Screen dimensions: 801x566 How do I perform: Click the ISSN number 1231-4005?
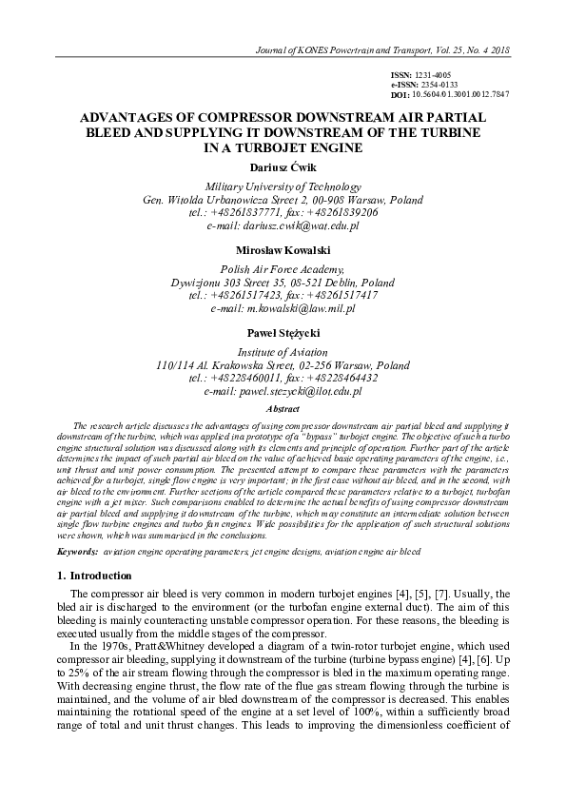(x=435, y=74)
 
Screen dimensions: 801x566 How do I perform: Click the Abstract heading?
(x=283, y=408)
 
